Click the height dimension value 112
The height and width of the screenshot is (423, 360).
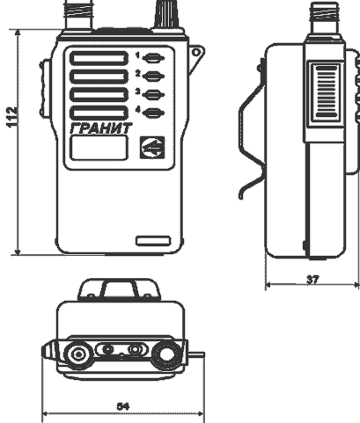[11, 117]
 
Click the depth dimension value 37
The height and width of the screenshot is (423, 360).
[312, 280]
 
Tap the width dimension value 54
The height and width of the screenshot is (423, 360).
[123, 406]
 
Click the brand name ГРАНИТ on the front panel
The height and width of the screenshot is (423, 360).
[101, 128]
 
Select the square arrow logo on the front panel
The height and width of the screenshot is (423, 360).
[152, 148]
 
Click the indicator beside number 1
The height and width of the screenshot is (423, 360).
[153, 58]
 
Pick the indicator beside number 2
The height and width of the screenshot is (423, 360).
[153, 77]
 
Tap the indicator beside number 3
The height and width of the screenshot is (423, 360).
[153, 94]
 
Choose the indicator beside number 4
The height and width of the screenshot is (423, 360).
[153, 113]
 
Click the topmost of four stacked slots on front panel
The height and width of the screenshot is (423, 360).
[99, 58]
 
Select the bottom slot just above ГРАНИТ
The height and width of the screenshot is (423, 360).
[99, 113]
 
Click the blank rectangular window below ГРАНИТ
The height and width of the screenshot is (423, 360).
[99, 148]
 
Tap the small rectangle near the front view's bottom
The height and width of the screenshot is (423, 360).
[153, 241]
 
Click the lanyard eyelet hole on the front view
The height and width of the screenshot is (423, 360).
[196, 53]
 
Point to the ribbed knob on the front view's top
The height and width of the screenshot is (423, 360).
[166, 14]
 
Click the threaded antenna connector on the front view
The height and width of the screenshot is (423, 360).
[78, 14]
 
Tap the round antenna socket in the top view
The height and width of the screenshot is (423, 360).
[78, 354]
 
